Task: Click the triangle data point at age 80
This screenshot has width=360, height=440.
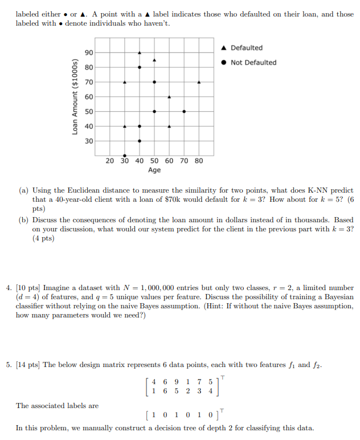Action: [199, 82]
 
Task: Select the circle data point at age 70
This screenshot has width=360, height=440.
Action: [184, 112]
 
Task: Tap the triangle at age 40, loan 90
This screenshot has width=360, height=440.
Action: [140, 52]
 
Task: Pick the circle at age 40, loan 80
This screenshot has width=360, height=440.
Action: [140, 67]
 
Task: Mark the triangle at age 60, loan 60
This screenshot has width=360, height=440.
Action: [169, 97]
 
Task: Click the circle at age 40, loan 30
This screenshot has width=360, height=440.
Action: [140, 141]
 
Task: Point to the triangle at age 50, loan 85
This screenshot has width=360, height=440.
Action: [154, 60]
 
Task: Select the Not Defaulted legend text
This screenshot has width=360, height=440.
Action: [253, 63]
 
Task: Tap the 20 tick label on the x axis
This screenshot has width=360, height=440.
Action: [110, 161]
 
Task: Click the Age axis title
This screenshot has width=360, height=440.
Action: [154, 170]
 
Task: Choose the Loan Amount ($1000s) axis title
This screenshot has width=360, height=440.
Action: [75, 96]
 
